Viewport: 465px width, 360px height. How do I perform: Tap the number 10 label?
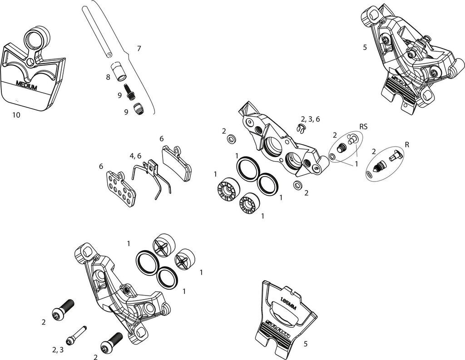tap(16, 115)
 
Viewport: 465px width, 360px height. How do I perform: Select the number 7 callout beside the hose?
tap(139, 49)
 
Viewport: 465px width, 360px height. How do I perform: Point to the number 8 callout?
tap(108, 77)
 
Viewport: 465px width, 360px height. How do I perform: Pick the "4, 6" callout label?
tap(135, 156)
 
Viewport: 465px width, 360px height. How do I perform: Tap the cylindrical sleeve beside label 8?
tap(119, 70)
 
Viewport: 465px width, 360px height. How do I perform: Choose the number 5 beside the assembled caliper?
tap(365, 47)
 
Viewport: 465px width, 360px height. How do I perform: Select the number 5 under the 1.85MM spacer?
tap(306, 344)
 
